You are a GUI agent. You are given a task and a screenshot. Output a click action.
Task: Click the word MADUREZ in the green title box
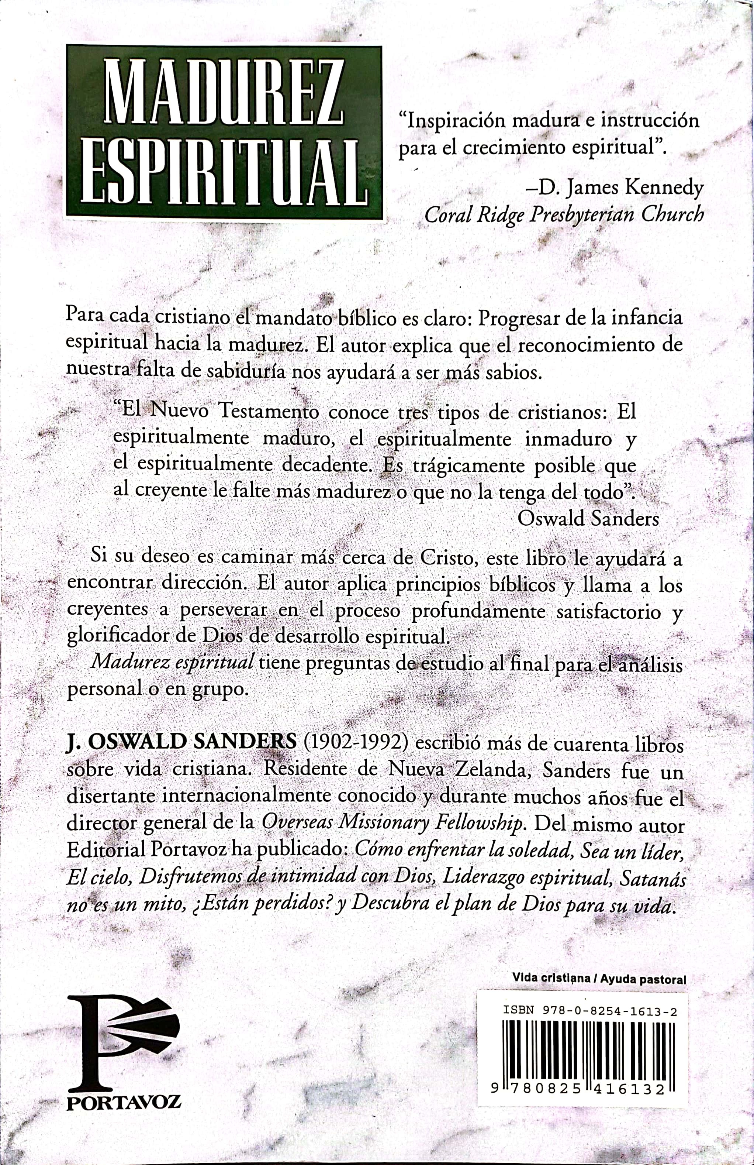tap(224, 92)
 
